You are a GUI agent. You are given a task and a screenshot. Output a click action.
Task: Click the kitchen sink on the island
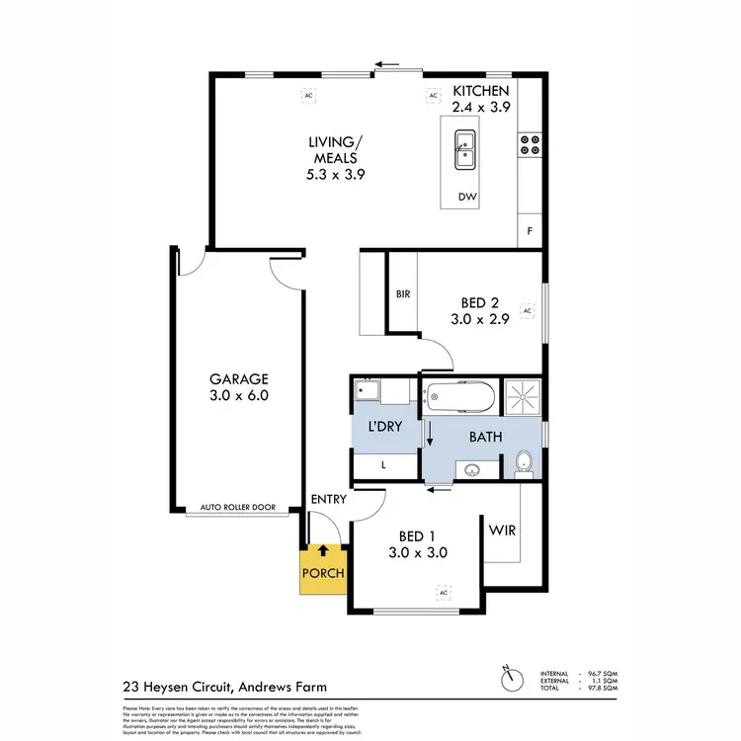pyautogui.click(x=463, y=151)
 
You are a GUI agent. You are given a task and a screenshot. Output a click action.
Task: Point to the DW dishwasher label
pyautogui.click(x=467, y=198)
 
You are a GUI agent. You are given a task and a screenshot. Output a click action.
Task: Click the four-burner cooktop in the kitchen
pyautogui.click(x=530, y=145)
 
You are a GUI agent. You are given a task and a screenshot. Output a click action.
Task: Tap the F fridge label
pyautogui.click(x=531, y=231)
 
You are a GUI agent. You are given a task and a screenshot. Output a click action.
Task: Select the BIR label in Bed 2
pyautogui.click(x=402, y=294)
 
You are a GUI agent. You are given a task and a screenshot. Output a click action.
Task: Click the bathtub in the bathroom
pyautogui.click(x=459, y=399)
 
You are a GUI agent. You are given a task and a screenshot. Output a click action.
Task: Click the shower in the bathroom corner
pyautogui.click(x=522, y=397)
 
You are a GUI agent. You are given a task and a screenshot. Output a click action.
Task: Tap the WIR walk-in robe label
pyautogui.click(x=502, y=530)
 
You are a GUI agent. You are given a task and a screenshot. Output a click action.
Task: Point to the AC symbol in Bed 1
pyautogui.click(x=444, y=593)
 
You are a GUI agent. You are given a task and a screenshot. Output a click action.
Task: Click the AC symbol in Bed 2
pyautogui.click(x=527, y=311)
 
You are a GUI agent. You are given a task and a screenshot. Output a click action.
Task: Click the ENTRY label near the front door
pyautogui.click(x=327, y=500)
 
